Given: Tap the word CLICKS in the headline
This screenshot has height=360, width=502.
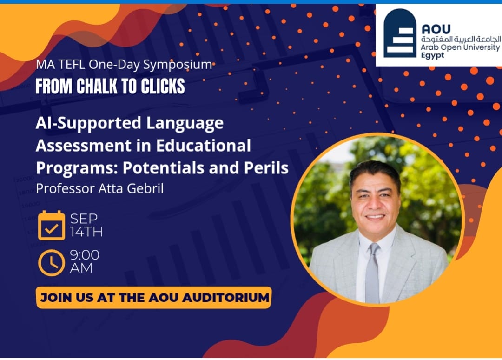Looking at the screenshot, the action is pos(163,86).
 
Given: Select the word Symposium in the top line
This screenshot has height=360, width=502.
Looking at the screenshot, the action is pos(178,65).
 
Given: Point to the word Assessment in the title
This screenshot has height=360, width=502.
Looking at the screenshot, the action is pos(84,146).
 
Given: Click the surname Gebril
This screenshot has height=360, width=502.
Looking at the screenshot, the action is pos(145,188).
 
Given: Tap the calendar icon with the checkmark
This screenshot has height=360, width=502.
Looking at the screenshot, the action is pos(51,225).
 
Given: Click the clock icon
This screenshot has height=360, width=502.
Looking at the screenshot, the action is pos(51,263).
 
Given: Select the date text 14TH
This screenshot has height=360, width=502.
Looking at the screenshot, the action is pos(86,232).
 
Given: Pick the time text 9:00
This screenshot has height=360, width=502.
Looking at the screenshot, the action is pos(85,255).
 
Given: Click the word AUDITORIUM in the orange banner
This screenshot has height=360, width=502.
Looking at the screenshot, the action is pos(225,298).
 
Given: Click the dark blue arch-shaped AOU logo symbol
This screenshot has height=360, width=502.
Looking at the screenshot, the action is pos(400,33).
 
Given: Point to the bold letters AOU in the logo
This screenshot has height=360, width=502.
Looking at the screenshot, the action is pos(436,29).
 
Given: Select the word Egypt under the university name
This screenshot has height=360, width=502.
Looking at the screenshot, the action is pos(432,55).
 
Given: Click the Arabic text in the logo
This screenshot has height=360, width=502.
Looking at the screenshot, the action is pos(461,40).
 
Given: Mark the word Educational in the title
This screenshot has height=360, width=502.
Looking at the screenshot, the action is pos(203,146).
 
